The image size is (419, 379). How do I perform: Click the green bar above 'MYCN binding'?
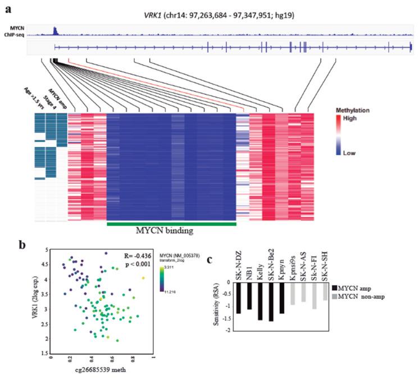(x=171, y=224)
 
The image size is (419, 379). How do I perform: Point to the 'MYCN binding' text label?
(x=171, y=231)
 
